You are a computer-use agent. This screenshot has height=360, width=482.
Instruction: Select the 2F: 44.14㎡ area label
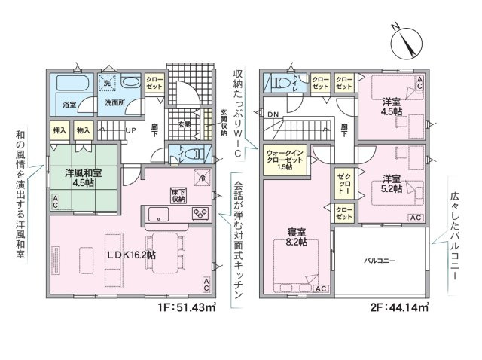point(399,307)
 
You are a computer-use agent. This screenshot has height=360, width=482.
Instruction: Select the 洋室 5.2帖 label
point(390,184)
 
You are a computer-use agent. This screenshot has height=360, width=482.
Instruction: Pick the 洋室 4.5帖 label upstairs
point(390,105)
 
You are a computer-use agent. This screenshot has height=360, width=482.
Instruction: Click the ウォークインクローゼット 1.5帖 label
point(287,159)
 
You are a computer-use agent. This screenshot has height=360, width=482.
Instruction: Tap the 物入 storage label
point(84,130)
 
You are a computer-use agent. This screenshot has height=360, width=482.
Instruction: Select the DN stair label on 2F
point(272,114)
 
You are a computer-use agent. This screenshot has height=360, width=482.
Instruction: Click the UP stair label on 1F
point(130,130)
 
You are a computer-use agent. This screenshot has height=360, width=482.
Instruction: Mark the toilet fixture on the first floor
point(192,153)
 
